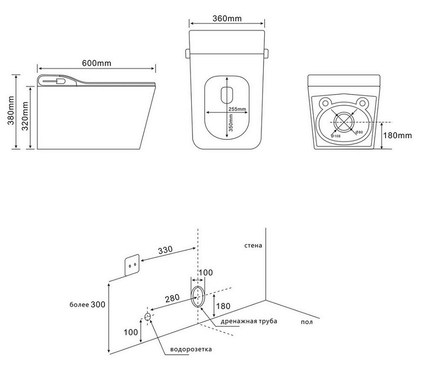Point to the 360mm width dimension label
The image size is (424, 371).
pos(227,19)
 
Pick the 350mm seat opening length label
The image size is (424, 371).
pos(231,123)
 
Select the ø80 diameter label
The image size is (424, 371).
pos(359,133)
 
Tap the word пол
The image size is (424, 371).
pos(307,321)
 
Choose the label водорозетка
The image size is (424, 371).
pos(191,349)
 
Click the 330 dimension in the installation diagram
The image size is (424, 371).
pos(165,249)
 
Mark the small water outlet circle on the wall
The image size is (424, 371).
pos(148,317)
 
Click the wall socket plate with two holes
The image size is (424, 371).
pos(132,266)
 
